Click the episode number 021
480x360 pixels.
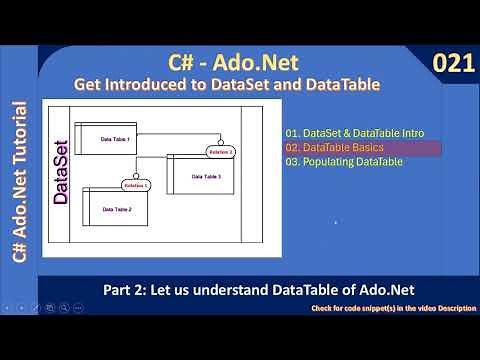[453, 64]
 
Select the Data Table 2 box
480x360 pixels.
[117, 208]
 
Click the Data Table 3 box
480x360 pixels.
[205, 175]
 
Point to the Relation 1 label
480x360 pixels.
[134, 186]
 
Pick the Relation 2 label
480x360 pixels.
[221, 151]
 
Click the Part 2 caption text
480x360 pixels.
[258, 290]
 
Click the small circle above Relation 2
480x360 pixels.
[222, 141]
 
